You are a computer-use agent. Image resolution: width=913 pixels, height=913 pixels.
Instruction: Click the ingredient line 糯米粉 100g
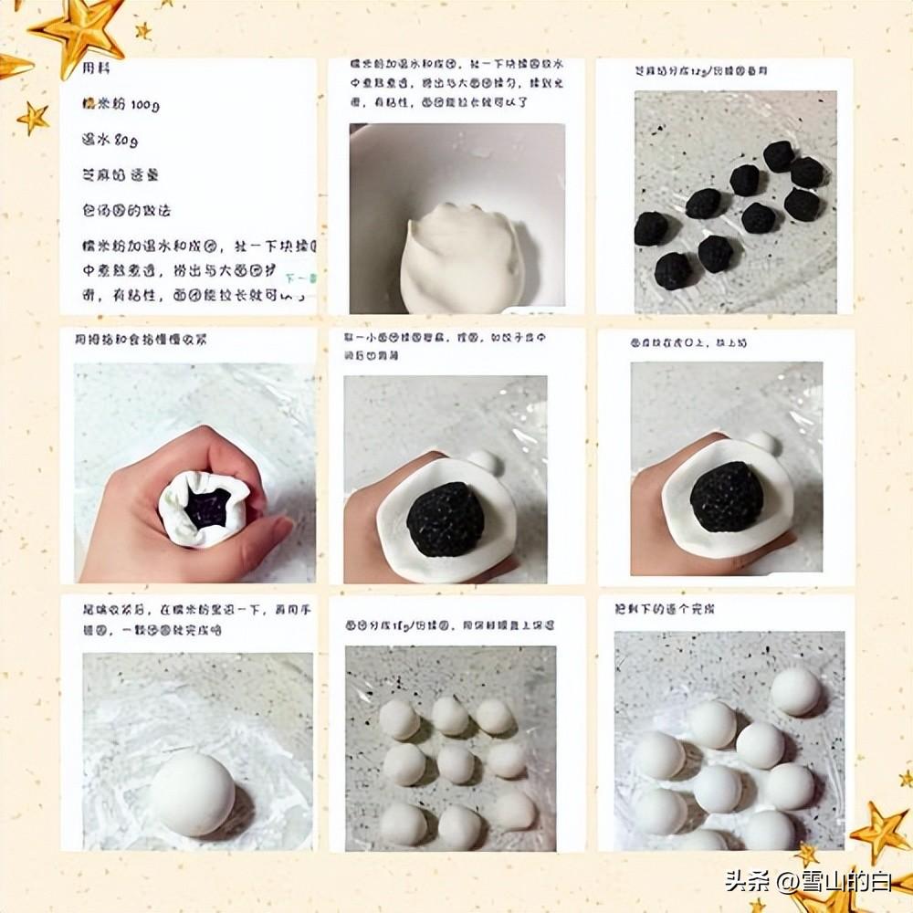pos(121,105)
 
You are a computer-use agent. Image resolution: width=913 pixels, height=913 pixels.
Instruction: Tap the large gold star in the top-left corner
pos(80,32)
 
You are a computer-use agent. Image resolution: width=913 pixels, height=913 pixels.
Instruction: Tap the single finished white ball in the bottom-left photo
pos(192,793)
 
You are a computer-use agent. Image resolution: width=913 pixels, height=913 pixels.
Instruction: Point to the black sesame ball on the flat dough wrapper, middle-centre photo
pos(445,519)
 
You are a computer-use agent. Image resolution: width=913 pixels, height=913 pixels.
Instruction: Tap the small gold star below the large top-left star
pos(34,118)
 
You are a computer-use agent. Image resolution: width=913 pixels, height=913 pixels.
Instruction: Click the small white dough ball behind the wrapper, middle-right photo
pos(763,444)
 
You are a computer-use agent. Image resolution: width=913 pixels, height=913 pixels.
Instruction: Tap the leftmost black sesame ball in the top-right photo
pos(651,228)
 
